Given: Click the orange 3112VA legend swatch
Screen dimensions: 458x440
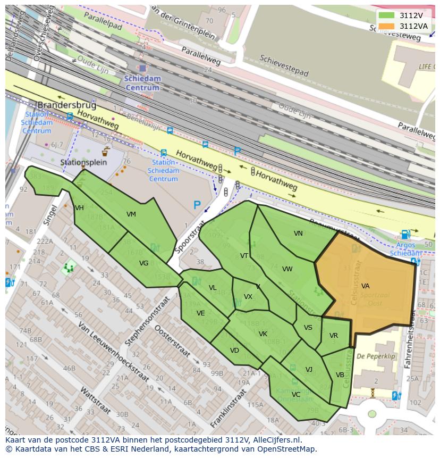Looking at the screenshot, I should tap(387, 26).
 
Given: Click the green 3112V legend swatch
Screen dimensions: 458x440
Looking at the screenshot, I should tap(387, 15).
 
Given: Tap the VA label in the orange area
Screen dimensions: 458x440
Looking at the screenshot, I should tap(365, 286).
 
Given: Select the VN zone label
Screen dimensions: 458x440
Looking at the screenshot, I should tap(298, 234).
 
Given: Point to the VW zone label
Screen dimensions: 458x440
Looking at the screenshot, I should tap(287, 269).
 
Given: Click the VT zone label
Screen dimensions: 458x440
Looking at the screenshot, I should tap(244, 256).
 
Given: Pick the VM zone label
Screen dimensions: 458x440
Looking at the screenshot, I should tap(131, 214).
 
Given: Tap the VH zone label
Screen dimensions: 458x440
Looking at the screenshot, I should tap(80, 208).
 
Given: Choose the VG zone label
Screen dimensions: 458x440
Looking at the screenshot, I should tap(143, 263).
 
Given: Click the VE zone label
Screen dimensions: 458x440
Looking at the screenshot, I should tap(200, 313).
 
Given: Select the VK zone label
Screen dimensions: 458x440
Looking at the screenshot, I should tap(263, 334).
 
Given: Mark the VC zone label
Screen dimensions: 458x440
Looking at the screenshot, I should tap(296, 395).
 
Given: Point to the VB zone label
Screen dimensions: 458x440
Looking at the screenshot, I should tap(340, 375).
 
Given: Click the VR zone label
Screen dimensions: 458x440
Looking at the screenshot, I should tap(334, 336).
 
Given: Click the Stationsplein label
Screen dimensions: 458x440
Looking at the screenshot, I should tap(83, 162).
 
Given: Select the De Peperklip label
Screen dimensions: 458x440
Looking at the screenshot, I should tap(376, 356).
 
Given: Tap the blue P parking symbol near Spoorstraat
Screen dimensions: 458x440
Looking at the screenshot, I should tap(197, 205).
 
